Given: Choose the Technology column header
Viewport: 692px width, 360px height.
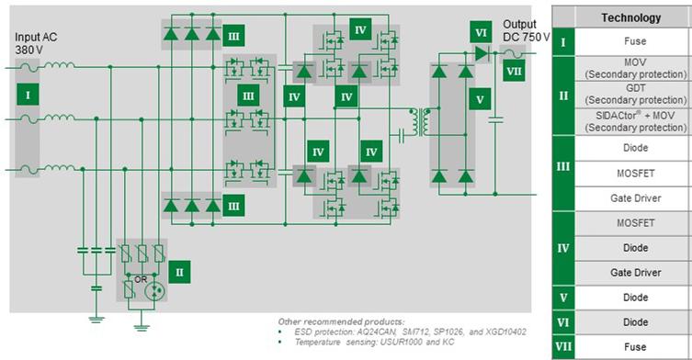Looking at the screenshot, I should coord(630,17).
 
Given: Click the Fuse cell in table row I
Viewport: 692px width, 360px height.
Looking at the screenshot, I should coord(630,40).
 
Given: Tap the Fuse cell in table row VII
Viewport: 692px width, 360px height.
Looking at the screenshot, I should coord(630,347).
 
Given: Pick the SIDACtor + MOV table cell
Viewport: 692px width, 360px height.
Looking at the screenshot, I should coord(630,122).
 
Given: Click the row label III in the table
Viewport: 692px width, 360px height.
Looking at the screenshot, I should coord(563,173).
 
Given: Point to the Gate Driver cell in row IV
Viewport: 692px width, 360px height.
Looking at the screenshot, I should coord(630,273).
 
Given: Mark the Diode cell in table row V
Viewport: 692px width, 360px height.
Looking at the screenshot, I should coord(630,298).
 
